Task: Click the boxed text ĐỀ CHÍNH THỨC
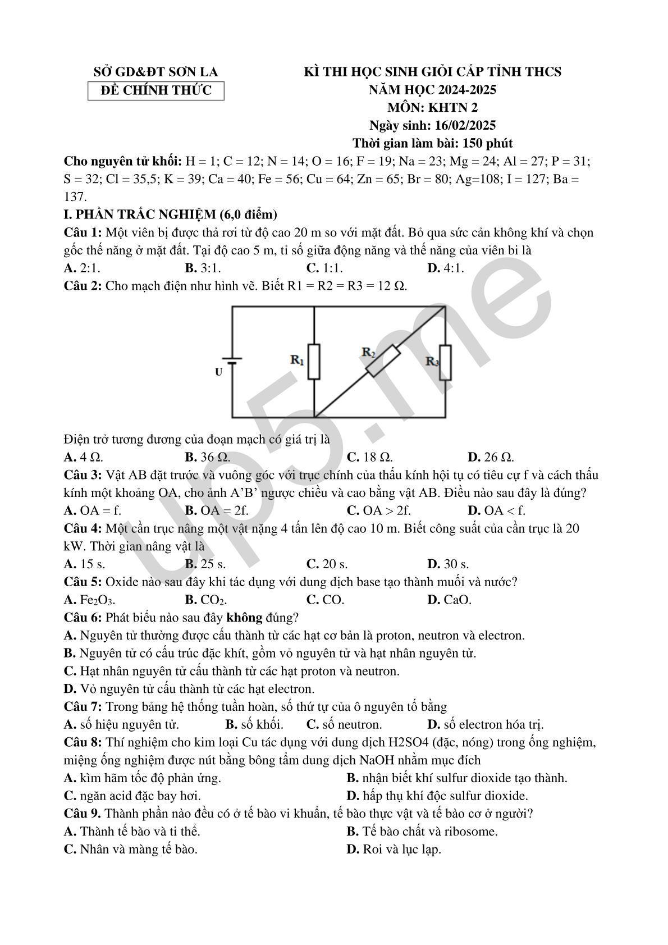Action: (155, 90)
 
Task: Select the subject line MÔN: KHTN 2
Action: (432, 107)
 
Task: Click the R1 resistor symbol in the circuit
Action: (314, 362)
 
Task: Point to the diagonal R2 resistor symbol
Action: (383, 360)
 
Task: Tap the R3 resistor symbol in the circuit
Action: (445, 363)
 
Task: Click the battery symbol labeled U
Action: (232, 360)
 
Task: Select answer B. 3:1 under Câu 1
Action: (203, 268)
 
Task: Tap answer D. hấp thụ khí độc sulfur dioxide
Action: (437, 796)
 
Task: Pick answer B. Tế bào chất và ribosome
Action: (422, 832)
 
